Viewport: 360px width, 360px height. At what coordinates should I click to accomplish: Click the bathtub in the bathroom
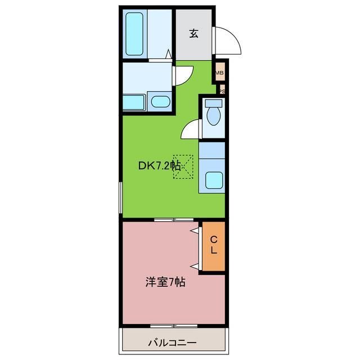pos(136,34)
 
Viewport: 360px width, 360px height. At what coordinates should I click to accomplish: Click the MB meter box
pos(219,72)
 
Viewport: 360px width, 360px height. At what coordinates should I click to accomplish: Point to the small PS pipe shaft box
pos(222,90)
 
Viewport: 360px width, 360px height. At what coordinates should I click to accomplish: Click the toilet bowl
pos(214,115)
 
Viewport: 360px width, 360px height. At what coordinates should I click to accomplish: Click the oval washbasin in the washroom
pos(161,102)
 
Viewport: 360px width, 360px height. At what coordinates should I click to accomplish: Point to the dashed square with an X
pos(183,166)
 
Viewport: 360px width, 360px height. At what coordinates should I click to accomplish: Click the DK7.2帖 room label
pos(159,166)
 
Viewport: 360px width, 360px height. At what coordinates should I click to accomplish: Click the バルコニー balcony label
pos(172,341)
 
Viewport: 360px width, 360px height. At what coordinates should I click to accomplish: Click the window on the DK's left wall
pos(120,196)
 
